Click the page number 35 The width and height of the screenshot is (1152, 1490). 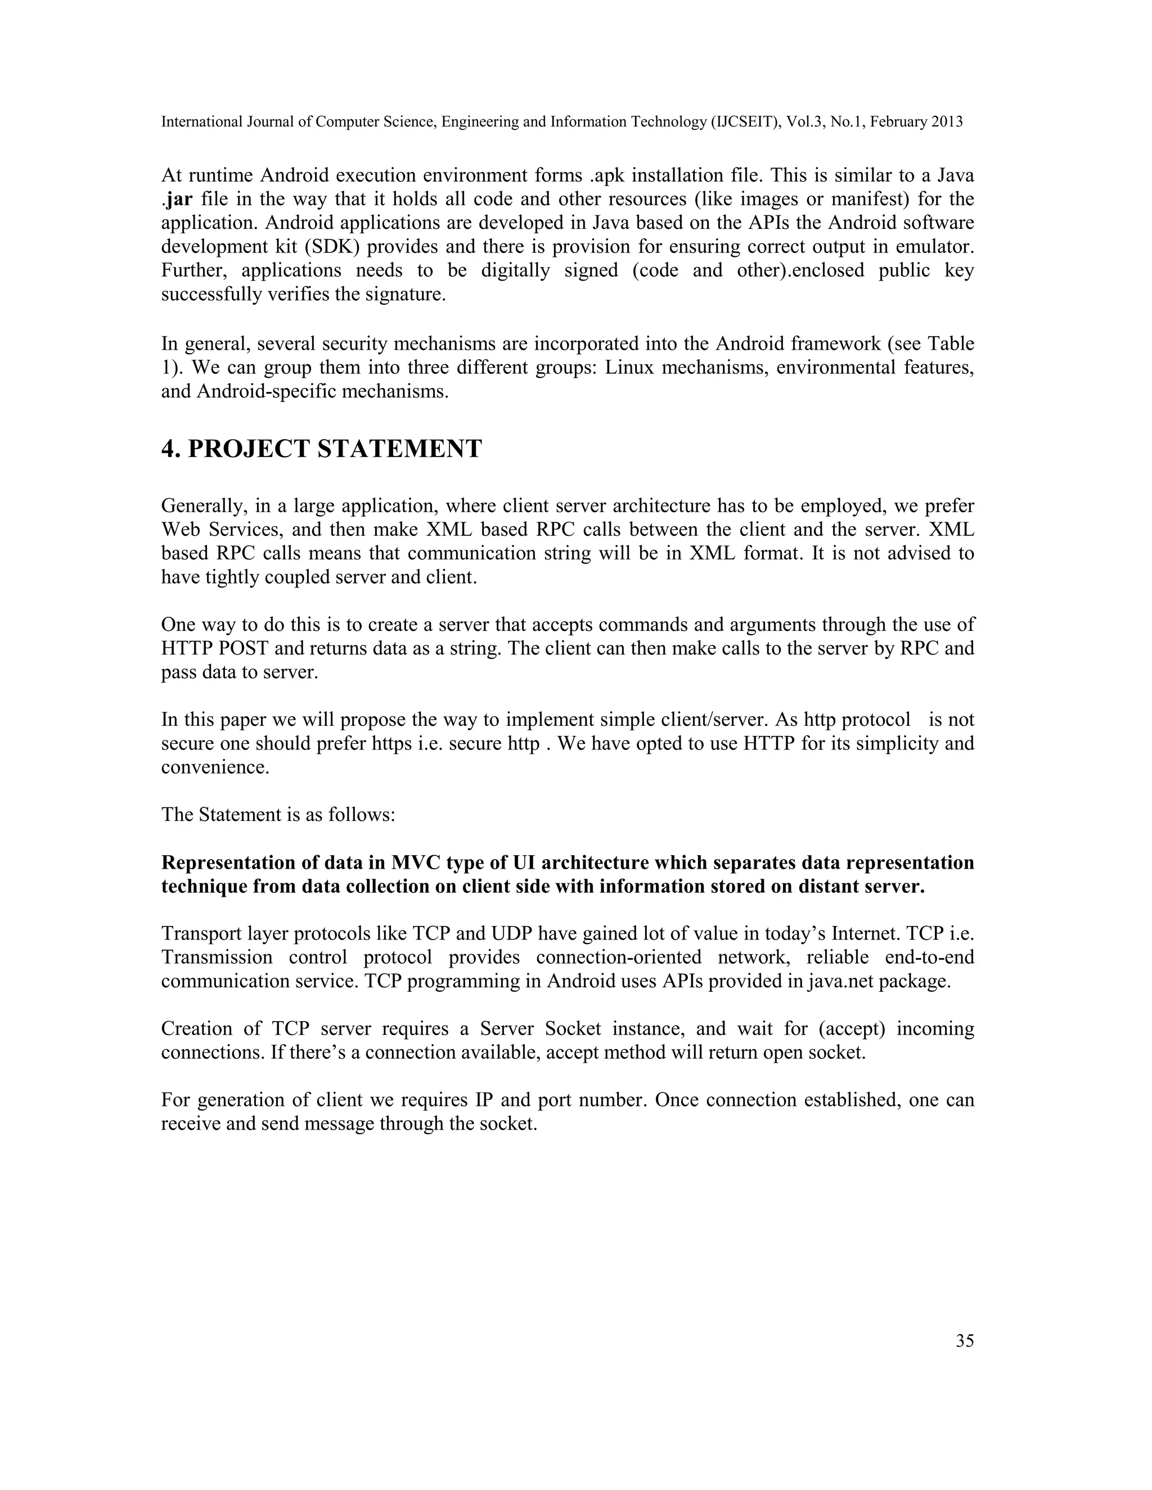(x=964, y=1340)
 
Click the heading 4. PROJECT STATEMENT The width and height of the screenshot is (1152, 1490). (x=321, y=449)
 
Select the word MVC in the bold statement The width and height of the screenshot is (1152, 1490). (x=416, y=863)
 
